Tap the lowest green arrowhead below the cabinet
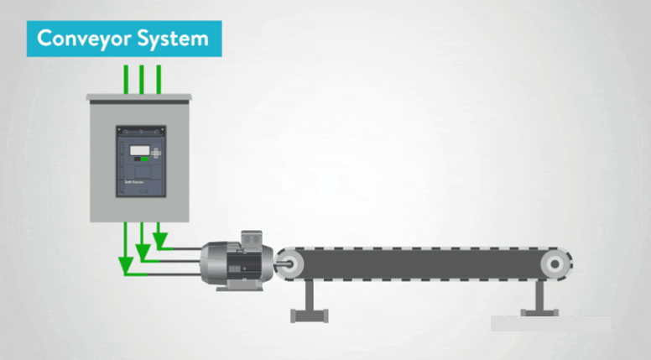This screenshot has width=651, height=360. coord(126,268)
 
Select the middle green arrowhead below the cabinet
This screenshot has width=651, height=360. coord(143,251)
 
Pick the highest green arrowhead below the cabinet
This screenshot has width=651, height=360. coord(159,243)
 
